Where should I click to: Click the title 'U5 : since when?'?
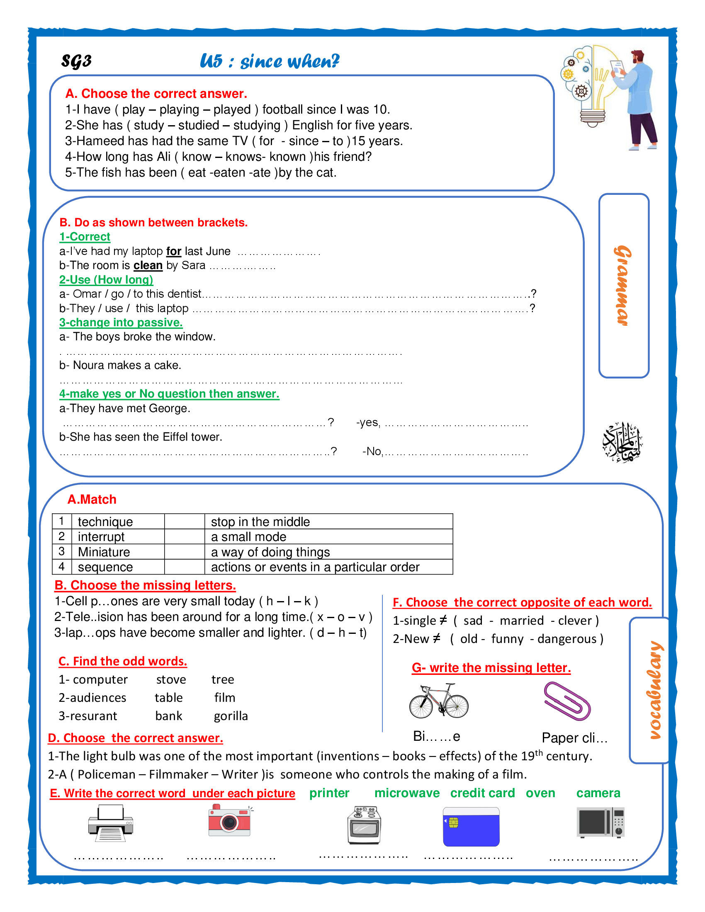(x=270, y=61)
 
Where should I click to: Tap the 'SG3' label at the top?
(x=76, y=61)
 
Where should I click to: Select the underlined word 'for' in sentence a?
(x=173, y=251)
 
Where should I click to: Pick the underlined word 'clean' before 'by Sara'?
(x=148, y=266)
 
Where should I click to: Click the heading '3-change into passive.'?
(x=121, y=323)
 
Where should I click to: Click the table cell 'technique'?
(x=105, y=521)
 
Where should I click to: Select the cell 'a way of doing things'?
(x=270, y=552)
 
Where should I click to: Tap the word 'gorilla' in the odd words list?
(x=231, y=716)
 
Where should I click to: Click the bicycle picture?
(x=438, y=701)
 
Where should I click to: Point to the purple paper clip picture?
(x=567, y=701)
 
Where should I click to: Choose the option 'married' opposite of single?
(x=522, y=621)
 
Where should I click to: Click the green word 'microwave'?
(x=407, y=793)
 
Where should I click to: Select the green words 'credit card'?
(x=482, y=793)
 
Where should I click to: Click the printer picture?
(x=111, y=822)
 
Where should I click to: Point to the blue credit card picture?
(x=471, y=827)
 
